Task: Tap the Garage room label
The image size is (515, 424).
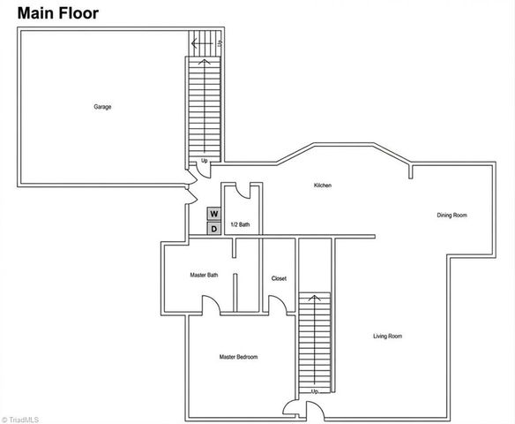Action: pyautogui.click(x=102, y=107)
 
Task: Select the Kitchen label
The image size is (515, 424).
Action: pyautogui.click(x=322, y=185)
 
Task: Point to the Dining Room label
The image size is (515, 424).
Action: pyautogui.click(x=452, y=216)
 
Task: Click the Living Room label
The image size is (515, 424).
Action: pyautogui.click(x=387, y=336)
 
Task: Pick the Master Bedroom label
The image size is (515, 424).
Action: pyautogui.click(x=238, y=357)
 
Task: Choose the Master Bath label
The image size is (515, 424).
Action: pyautogui.click(x=204, y=275)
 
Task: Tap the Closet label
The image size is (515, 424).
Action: pyautogui.click(x=279, y=278)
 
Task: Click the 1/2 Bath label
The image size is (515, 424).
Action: pyautogui.click(x=239, y=225)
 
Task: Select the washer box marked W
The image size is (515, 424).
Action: pyautogui.click(x=213, y=214)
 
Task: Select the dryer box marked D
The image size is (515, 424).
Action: pyautogui.click(x=213, y=230)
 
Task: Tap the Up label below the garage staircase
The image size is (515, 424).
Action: pyautogui.click(x=204, y=161)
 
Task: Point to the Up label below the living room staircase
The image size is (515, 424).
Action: pyautogui.click(x=313, y=390)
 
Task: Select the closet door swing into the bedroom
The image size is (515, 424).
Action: pyautogui.click(x=277, y=304)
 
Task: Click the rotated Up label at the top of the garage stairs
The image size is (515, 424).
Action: pyautogui.click(x=219, y=42)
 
